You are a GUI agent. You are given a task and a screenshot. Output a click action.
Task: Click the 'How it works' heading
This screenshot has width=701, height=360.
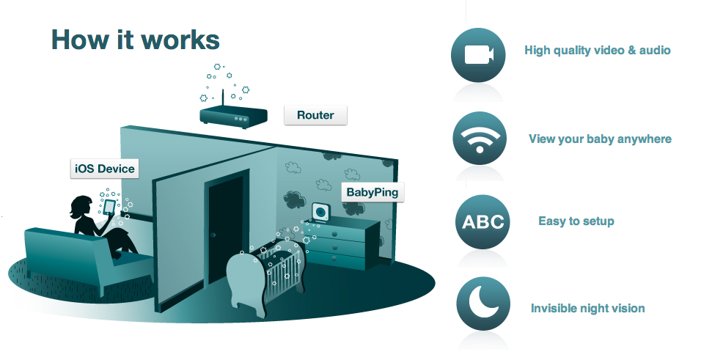pyautogui.click(x=135, y=40)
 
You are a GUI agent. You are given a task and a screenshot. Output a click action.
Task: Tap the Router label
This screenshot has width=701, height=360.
pyautogui.click(x=315, y=115)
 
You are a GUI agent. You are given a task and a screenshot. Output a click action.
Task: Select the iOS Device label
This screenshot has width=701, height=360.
pyautogui.click(x=105, y=169)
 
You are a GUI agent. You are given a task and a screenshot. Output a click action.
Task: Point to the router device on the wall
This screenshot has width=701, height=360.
pyautogui.click(x=230, y=116)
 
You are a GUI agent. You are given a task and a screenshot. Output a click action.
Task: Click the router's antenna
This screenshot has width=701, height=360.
pyautogui.click(x=221, y=99)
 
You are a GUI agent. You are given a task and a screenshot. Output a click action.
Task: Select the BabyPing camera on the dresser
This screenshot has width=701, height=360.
pyautogui.click(x=321, y=213)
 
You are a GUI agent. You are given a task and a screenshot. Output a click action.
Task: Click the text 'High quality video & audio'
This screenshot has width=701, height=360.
pyautogui.click(x=598, y=51)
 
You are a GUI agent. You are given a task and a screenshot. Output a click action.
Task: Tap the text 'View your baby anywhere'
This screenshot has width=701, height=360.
pyautogui.click(x=600, y=139)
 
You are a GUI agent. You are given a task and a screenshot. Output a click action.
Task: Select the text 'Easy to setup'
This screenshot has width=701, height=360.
pyautogui.click(x=576, y=221)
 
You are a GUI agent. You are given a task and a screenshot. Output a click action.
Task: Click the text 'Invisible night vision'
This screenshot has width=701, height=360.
pyautogui.click(x=587, y=308)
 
